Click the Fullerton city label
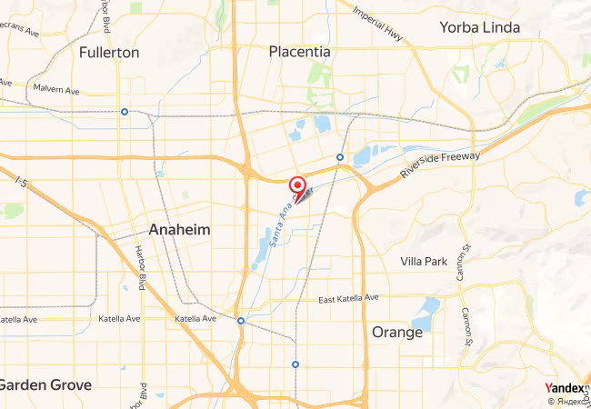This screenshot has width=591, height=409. [109, 53]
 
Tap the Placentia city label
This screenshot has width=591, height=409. [299, 53]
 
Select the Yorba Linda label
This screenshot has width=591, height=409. [479, 27]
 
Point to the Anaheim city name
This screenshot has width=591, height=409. [179, 230]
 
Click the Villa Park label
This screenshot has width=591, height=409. [424, 262]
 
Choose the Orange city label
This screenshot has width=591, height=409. [397, 333]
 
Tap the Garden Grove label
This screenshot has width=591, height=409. [45, 384]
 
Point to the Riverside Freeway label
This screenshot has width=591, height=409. [440, 165]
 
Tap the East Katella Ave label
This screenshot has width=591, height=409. [348, 299]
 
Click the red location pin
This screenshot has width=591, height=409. [297, 188]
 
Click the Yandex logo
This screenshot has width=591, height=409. [564, 388]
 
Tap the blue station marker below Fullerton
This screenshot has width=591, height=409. [124, 113]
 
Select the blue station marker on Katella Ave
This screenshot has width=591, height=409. [240, 321]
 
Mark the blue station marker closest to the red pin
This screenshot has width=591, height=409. [339, 157]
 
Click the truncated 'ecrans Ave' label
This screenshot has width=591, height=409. [20, 32]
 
